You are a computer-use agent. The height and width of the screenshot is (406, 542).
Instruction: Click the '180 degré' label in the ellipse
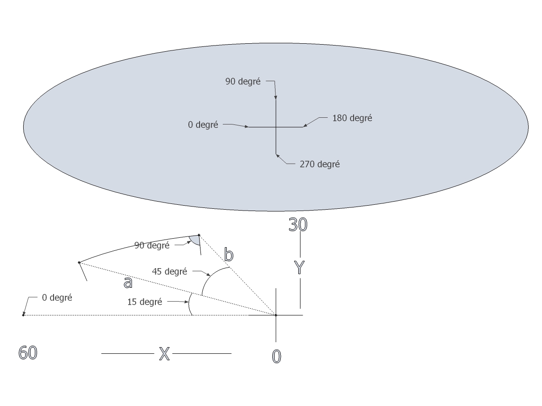[352, 119]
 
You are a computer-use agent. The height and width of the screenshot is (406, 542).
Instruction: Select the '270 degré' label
[320, 164]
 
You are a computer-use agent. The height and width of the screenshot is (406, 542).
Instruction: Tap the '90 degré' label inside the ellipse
[243, 82]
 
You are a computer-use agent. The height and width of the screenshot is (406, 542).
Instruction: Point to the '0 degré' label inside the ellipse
[203, 125]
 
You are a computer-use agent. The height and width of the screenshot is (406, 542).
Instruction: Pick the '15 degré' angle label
[144, 302]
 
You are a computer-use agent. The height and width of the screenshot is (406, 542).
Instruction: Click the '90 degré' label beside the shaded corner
[152, 245]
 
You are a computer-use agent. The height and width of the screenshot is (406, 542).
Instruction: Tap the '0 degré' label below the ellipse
[57, 298]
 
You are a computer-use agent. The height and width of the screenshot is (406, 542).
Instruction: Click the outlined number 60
[28, 353]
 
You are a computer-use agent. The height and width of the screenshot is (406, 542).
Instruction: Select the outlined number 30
[298, 224]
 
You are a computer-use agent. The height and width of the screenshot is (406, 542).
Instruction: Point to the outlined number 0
[277, 356]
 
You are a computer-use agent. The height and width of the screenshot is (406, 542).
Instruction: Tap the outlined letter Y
[300, 267]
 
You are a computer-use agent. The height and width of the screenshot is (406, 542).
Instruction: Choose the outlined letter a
[128, 282]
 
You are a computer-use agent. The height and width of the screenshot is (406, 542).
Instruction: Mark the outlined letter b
[229, 255]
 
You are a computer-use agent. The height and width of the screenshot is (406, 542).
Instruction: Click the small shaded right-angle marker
[195, 240]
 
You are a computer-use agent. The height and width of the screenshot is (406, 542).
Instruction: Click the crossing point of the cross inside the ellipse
[276, 127]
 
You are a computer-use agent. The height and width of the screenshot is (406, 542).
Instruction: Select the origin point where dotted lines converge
[276, 315]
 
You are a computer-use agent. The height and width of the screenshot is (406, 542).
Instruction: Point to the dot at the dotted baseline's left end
[23, 315]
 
